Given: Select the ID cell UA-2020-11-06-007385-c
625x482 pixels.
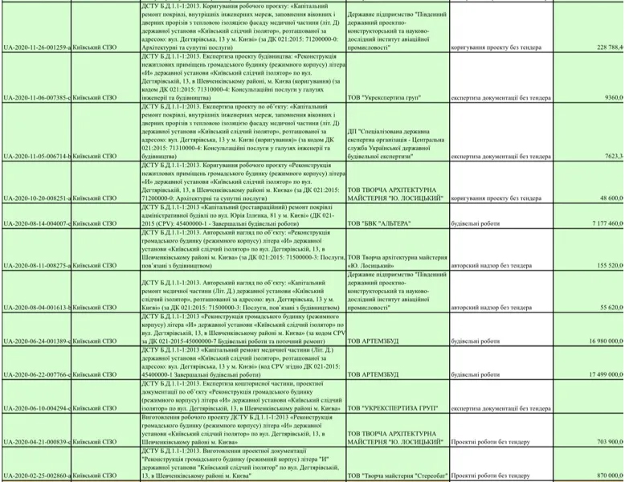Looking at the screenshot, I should coord(36,97).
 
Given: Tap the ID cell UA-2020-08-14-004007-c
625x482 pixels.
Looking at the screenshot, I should coord(36,223).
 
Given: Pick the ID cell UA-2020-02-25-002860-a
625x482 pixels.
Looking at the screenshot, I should coord(36,476).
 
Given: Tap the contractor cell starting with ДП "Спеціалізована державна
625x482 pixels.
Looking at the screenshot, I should coord(395,139).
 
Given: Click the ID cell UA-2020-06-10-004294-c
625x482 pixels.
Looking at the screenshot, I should coord(36,409).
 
